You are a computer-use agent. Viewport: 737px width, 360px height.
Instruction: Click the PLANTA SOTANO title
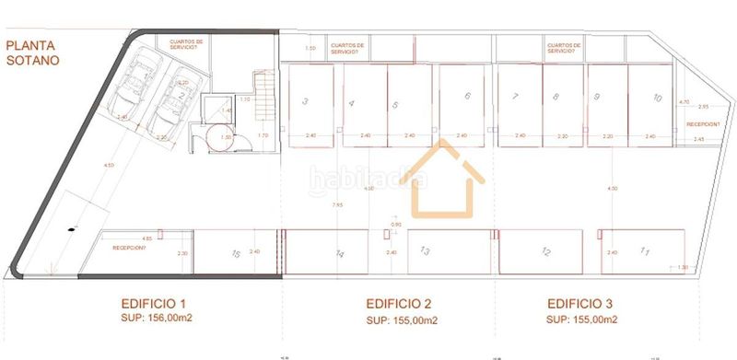pyautogui.click(x=33, y=52)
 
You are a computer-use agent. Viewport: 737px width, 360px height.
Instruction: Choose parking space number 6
pyautogui.click(x=468, y=97)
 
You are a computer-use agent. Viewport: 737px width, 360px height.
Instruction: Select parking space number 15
pyautogui.click(x=236, y=253)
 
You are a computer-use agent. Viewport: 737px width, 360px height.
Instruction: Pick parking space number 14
pyautogui.click(x=339, y=252)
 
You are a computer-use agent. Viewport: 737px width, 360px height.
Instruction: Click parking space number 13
pyautogui.click(x=426, y=250)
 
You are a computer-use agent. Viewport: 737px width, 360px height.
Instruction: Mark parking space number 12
pyautogui.click(x=545, y=251)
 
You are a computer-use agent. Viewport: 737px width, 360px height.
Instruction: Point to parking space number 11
pyautogui.click(x=645, y=250)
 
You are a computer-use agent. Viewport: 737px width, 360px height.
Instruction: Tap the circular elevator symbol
pyautogui.click(x=222, y=139)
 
